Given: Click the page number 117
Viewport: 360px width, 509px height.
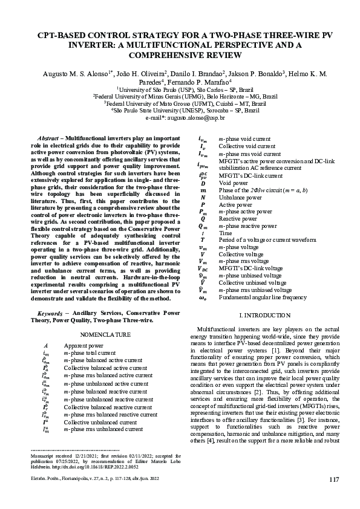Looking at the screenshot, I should (334, 480).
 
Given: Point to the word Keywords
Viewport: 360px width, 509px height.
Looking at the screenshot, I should (52, 313).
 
